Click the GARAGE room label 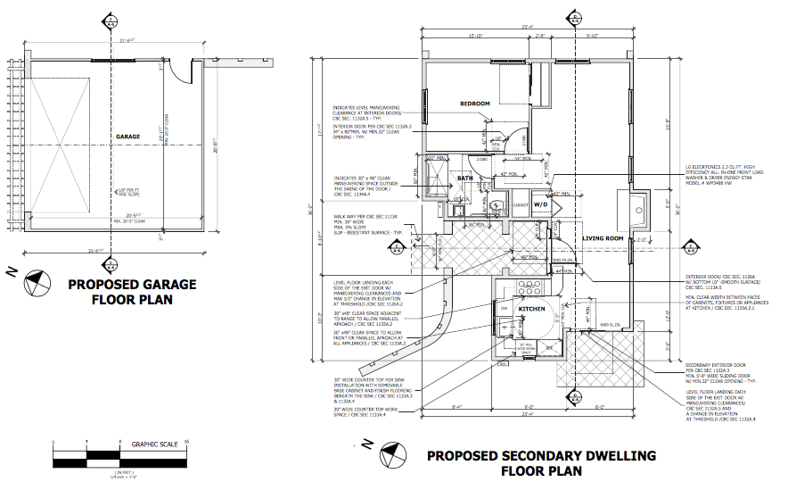127,137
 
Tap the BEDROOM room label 475,104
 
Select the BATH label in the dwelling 465,179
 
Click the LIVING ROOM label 603,238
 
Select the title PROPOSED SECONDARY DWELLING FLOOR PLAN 541,462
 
